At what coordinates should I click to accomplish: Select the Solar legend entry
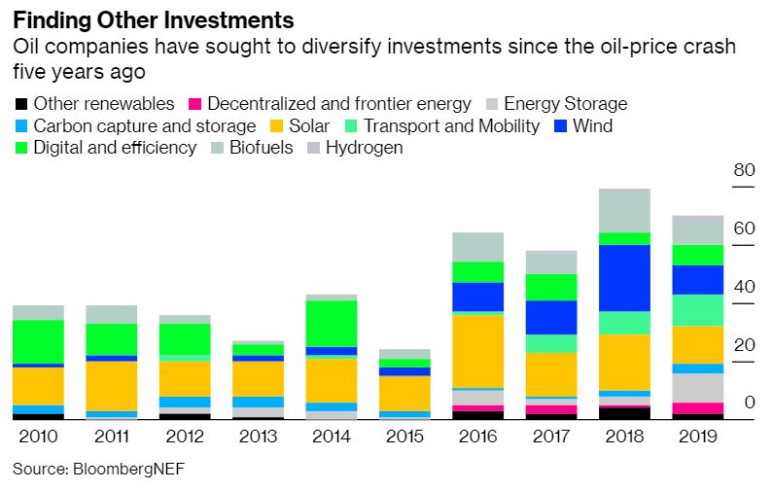311,126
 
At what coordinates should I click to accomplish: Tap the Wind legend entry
590,126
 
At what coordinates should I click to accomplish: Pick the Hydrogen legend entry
364,149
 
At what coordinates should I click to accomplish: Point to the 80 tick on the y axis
744,170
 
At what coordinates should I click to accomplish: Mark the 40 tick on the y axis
744,287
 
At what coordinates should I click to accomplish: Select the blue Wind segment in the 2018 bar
624,277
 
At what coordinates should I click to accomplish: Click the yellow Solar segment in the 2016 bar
477,350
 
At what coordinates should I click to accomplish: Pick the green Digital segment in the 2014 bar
331,323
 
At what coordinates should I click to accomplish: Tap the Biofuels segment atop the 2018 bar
624,211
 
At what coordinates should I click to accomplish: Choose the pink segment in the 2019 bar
697,408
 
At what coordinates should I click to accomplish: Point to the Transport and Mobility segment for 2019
697,309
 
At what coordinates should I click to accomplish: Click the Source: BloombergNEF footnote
97,468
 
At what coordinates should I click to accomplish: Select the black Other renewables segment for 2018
624,413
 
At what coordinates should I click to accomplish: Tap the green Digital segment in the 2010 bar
37,341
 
